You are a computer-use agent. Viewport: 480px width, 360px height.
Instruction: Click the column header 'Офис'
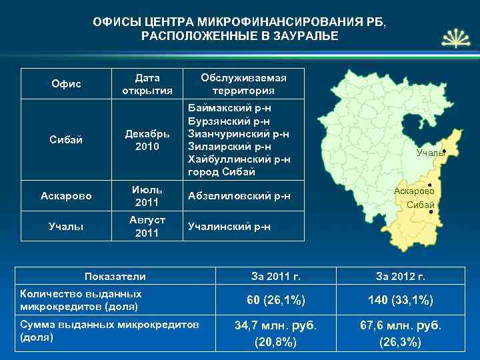(66, 83)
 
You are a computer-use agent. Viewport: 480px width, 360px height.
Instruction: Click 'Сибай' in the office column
(66, 139)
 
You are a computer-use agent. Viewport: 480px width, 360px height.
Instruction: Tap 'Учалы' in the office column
(66, 226)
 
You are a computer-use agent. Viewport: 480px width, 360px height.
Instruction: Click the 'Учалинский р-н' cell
(229, 227)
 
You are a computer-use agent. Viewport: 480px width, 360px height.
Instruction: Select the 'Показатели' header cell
(116, 276)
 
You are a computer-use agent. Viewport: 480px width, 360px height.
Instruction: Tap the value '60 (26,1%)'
(275, 301)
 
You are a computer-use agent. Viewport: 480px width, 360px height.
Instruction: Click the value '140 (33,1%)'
(400, 301)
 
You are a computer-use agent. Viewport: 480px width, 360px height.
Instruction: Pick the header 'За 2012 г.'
(400, 276)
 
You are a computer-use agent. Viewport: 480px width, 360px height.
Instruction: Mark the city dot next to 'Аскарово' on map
(430, 185)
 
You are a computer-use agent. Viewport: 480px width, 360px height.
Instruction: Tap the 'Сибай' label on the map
(421, 205)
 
